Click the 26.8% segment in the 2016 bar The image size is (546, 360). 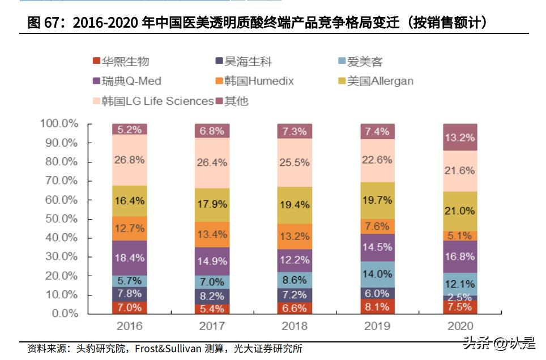click(129, 160)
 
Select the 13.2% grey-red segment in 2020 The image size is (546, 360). click(460, 137)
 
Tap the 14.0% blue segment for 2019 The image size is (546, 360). click(377, 274)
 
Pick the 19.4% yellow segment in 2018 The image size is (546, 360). click(295, 205)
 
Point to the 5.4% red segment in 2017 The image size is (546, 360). click(212, 308)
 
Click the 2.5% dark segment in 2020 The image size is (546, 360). click(460, 297)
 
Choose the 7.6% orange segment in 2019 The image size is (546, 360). click(377, 226)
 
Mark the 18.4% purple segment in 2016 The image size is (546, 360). click(129, 258)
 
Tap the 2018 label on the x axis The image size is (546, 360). click(295, 326)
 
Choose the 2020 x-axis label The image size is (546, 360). click(460, 326)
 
